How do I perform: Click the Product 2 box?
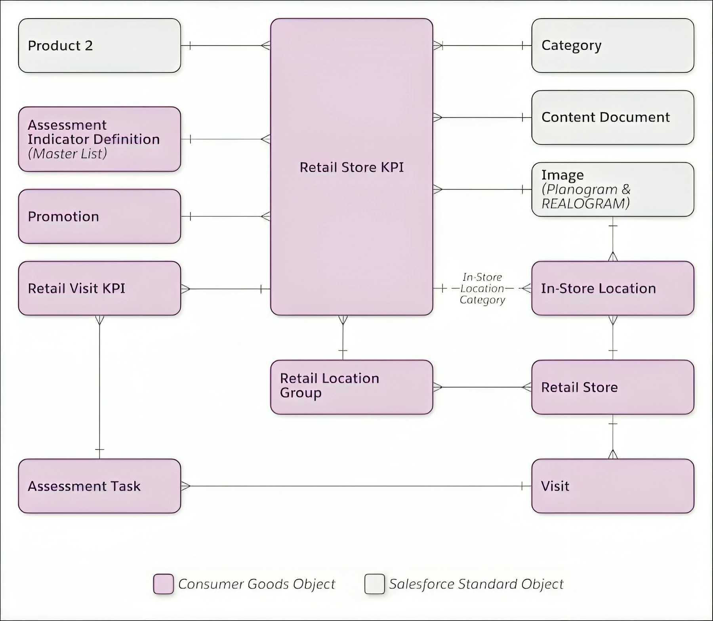pyautogui.click(x=99, y=46)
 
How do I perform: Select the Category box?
pyautogui.click(x=612, y=46)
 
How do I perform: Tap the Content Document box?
pyautogui.click(x=612, y=117)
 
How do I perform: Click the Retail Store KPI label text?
pyautogui.click(x=351, y=167)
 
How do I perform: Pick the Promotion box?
pyautogui.click(x=99, y=216)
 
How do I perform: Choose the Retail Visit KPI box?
pyautogui.click(x=99, y=288)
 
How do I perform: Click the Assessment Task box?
pyautogui.click(x=99, y=486)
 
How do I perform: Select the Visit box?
pyautogui.click(x=612, y=486)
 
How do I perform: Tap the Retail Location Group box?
pyautogui.click(x=351, y=387)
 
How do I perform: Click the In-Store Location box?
pyautogui.click(x=612, y=288)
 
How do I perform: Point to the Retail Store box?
pyautogui.click(x=612, y=387)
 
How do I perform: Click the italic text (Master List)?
pyautogui.click(x=67, y=154)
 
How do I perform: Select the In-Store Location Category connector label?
pyautogui.click(x=482, y=288)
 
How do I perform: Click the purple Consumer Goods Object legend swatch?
pyautogui.click(x=163, y=584)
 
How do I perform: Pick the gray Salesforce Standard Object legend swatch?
pyautogui.click(x=374, y=584)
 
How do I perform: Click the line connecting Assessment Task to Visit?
pyautogui.click(x=356, y=486)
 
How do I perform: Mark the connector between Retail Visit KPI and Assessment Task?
pyautogui.click(x=99, y=388)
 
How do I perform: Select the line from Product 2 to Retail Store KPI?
pyautogui.click(x=226, y=46)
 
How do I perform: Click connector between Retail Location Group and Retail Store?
pyautogui.click(x=482, y=387)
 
